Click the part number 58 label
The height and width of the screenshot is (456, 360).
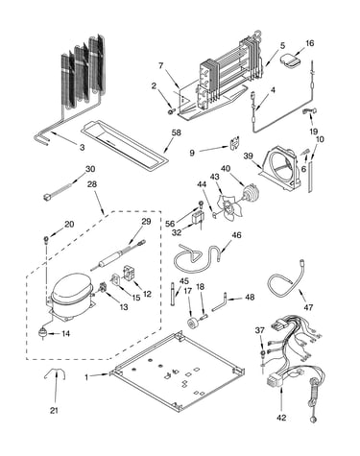tap(176, 132)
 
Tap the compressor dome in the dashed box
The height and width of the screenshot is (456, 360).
tap(71, 290)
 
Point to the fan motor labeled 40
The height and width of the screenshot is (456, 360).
tap(250, 193)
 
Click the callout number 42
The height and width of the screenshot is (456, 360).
tap(281, 417)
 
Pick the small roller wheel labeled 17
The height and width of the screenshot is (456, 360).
tap(193, 323)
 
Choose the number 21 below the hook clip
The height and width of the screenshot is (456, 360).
tap(54, 410)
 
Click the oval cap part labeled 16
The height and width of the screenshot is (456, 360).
tap(291, 61)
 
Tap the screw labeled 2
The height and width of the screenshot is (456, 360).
tap(171, 111)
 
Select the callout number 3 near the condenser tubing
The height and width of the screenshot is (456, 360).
tap(83, 147)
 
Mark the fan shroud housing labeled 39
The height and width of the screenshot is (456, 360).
tap(280, 168)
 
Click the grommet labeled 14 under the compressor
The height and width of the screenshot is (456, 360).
tap(42, 333)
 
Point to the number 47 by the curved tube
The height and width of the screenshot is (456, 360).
tap(308, 307)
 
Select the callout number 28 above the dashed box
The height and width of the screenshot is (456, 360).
tap(92, 184)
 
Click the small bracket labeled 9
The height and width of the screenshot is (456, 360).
tap(234, 143)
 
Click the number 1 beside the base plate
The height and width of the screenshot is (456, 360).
tap(86, 377)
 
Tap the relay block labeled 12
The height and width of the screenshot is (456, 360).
tap(129, 274)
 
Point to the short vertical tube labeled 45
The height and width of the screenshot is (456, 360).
tap(173, 294)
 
